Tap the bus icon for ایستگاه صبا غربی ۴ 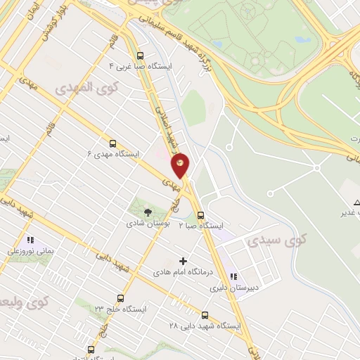point(140,55)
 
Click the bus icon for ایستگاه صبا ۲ point(200,216)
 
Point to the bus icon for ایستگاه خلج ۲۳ point(120,298)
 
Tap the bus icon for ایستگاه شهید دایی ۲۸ point(205,315)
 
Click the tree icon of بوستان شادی point(147,212)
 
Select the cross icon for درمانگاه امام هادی point(184,261)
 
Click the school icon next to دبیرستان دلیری point(234,276)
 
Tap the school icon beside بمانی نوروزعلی point(30,240)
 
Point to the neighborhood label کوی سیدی point(274,241)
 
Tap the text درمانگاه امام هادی point(188,272)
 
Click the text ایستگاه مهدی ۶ point(113,153)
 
